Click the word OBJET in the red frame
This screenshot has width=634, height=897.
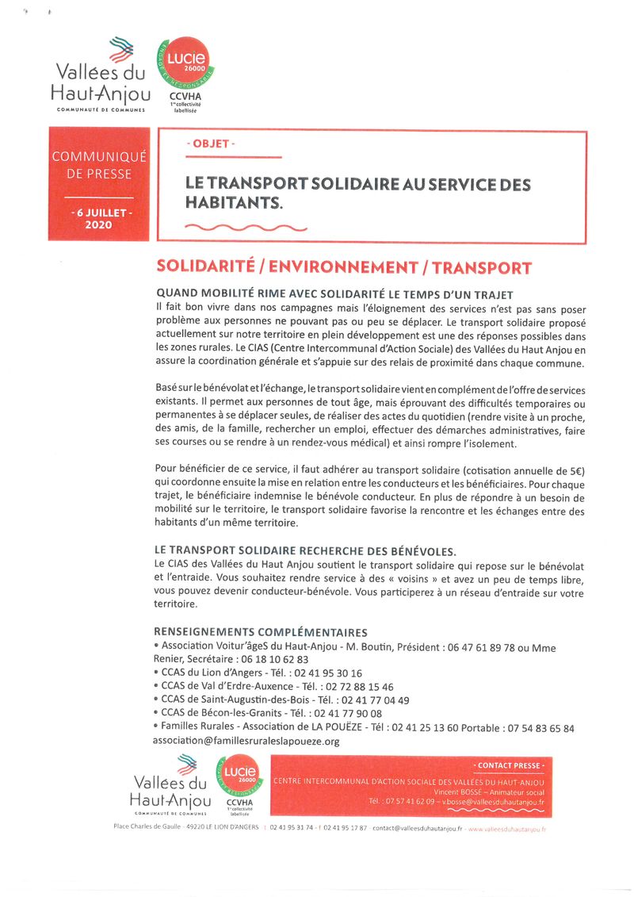click(210, 144)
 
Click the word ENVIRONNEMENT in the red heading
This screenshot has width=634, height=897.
click(346, 268)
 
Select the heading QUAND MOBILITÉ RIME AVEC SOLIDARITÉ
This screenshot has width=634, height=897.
click(334, 294)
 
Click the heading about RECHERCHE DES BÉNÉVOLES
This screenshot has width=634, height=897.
click(316, 550)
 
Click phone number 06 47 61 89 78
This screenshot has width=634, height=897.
click(472, 647)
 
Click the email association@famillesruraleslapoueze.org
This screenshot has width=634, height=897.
click(246, 741)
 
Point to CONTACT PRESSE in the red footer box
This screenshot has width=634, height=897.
click(510, 765)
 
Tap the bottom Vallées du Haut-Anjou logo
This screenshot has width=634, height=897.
click(170, 785)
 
